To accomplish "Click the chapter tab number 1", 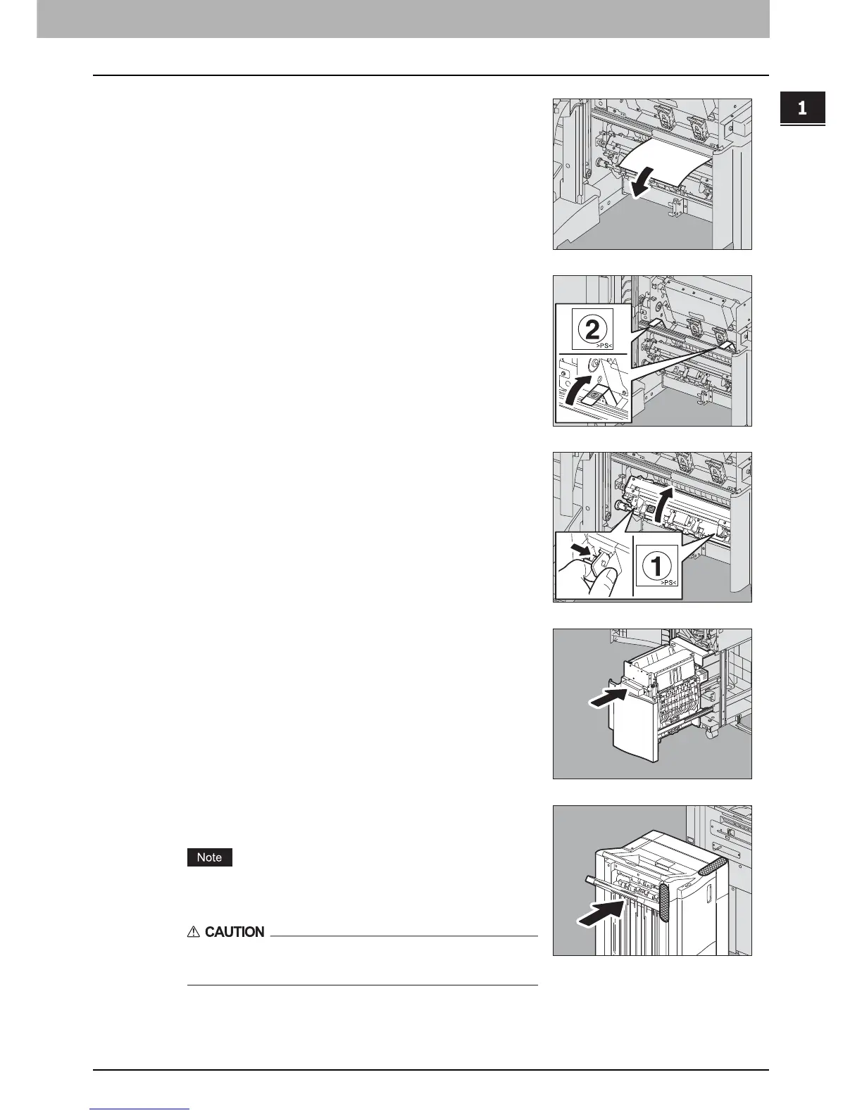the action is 801,109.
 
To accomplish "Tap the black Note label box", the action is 209,857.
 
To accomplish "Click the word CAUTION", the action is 235,932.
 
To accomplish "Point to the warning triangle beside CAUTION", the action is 194,932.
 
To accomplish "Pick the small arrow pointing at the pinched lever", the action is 580,548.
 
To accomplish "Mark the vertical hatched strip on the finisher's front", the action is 662,908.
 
